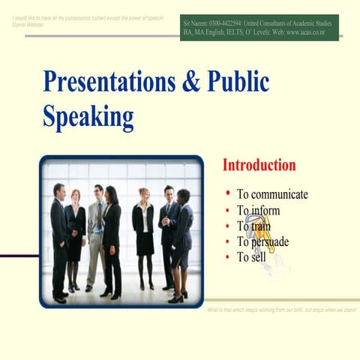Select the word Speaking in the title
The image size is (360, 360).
point(88,116)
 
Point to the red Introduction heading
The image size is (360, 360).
point(259,165)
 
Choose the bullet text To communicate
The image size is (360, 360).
point(272,194)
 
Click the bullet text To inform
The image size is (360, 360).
point(258,210)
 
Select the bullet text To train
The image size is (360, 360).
point(254,226)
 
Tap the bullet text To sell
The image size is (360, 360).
point(251,257)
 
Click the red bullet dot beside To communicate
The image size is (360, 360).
point(227,193)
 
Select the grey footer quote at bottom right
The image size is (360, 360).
point(281,310)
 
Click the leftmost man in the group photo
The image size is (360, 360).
point(58,240)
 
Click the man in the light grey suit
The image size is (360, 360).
point(97,232)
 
